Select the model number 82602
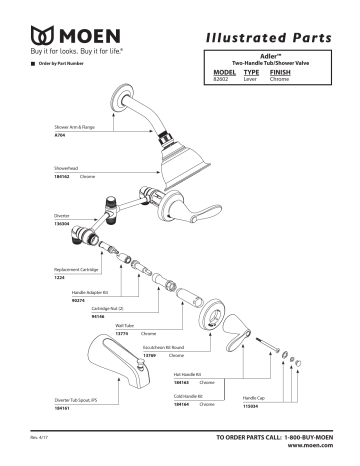point(224,78)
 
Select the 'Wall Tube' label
point(125,326)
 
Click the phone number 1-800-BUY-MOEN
point(301,439)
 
